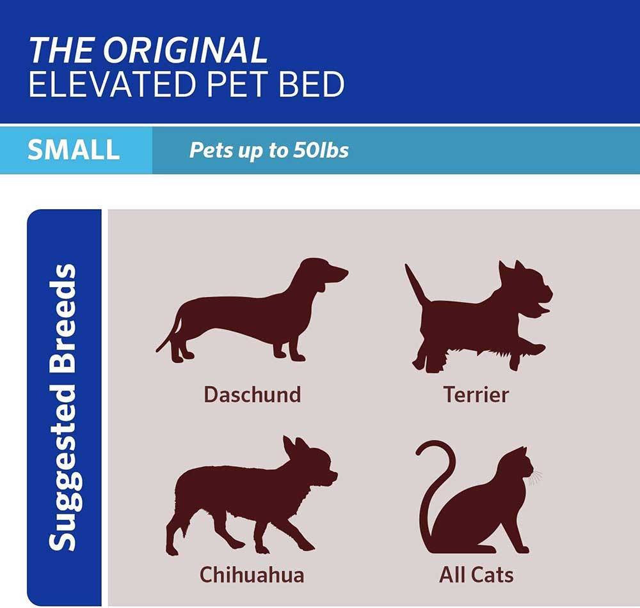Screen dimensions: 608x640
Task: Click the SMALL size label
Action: tap(74, 150)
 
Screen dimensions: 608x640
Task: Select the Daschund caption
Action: tap(252, 394)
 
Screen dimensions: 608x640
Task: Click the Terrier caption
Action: tap(476, 394)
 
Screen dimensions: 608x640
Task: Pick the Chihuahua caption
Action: tap(252, 575)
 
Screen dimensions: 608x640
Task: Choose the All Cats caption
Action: tap(476, 575)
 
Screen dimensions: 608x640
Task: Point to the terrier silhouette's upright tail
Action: tap(415, 285)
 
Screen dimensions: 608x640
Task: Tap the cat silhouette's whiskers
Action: tap(535, 476)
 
